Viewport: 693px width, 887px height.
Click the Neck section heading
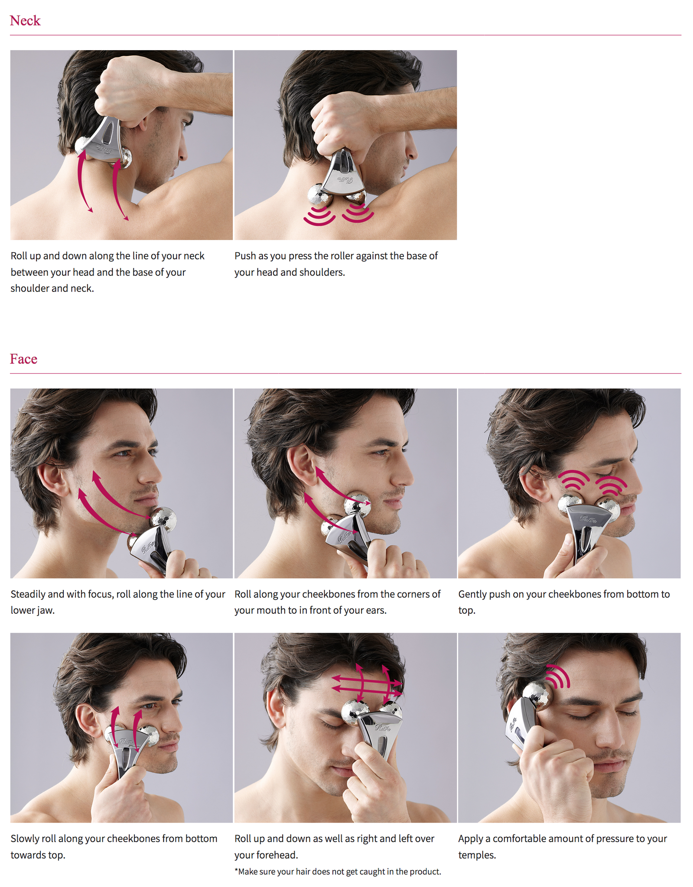[x=25, y=20]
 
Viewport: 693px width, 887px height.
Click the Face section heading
[x=23, y=359]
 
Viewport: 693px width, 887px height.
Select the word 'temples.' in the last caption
[x=477, y=855]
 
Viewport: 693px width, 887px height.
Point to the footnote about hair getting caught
[x=338, y=872]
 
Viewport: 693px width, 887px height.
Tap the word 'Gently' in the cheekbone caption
[x=472, y=594]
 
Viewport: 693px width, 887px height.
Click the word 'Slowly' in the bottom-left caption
[x=24, y=838]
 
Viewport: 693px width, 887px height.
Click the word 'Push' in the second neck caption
[x=245, y=256]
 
